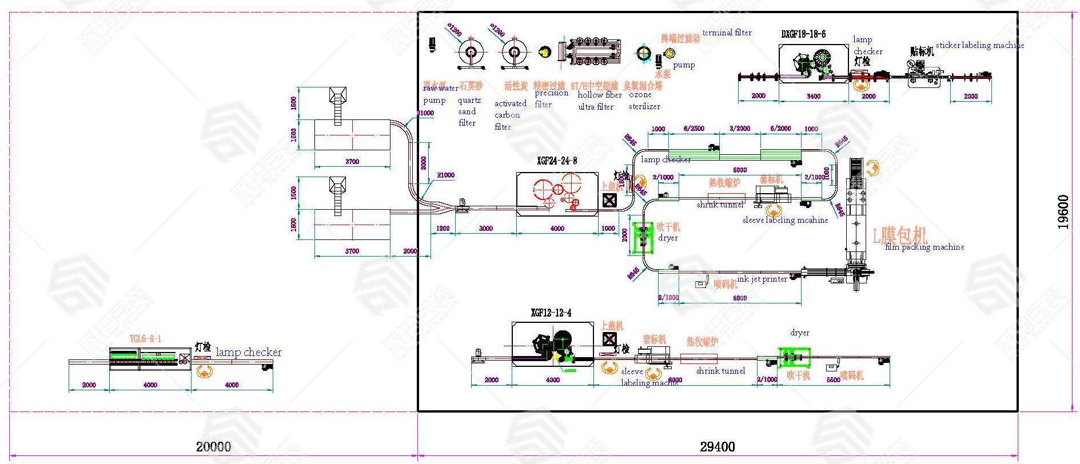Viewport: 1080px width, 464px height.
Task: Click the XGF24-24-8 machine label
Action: point(557,161)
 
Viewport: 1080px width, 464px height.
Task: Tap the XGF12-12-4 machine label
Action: point(551,313)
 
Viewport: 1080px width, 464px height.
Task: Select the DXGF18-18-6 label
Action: point(803,34)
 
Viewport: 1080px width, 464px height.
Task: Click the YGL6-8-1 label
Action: point(145,339)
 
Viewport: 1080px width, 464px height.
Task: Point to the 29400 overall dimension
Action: point(718,447)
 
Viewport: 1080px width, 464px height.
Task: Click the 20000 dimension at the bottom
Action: point(213,447)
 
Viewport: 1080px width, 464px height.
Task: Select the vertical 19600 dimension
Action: point(1063,212)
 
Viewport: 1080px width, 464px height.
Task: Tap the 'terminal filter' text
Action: point(727,33)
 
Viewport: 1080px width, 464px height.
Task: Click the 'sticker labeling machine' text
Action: point(979,45)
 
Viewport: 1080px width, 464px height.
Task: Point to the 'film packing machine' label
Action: point(924,247)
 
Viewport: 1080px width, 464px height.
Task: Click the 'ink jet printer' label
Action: point(762,279)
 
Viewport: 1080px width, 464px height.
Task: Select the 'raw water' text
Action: point(440,89)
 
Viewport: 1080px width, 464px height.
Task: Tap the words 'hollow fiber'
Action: point(599,95)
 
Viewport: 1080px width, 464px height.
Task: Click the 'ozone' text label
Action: point(640,95)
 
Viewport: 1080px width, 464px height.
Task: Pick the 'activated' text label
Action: point(511,103)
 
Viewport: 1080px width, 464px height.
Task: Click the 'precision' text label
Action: point(551,93)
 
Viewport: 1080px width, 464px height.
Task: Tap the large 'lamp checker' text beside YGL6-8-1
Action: point(249,352)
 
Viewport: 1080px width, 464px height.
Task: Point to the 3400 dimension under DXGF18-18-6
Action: point(813,96)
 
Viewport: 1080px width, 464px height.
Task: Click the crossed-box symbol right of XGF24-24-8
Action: point(609,200)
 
